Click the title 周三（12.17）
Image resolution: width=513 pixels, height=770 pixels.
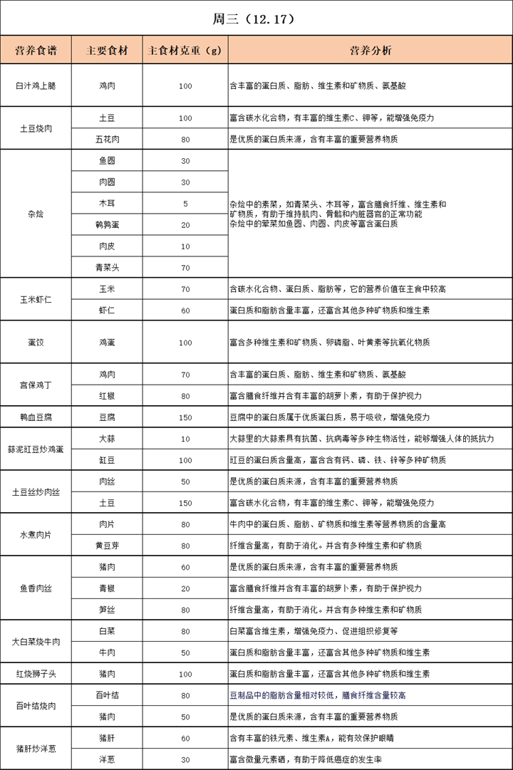click(x=256, y=18)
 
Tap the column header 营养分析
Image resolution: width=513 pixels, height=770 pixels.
click(x=370, y=51)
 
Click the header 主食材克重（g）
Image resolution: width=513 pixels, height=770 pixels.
click(x=185, y=51)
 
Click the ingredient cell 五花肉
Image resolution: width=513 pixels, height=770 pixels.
click(x=107, y=139)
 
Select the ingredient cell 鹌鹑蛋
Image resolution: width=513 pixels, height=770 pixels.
click(x=107, y=224)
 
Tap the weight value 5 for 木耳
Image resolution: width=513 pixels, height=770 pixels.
click(x=185, y=203)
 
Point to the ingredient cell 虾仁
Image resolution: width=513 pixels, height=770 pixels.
click(x=107, y=311)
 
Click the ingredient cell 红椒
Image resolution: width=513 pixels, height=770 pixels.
click(x=107, y=396)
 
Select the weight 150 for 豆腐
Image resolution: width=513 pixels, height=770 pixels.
click(x=185, y=417)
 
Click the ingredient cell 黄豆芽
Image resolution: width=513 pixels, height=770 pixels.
click(x=107, y=546)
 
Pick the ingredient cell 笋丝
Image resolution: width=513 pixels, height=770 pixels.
click(x=107, y=610)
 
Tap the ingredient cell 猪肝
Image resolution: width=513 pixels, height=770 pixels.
click(x=107, y=738)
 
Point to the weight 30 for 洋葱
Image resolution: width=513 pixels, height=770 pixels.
click(x=185, y=759)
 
